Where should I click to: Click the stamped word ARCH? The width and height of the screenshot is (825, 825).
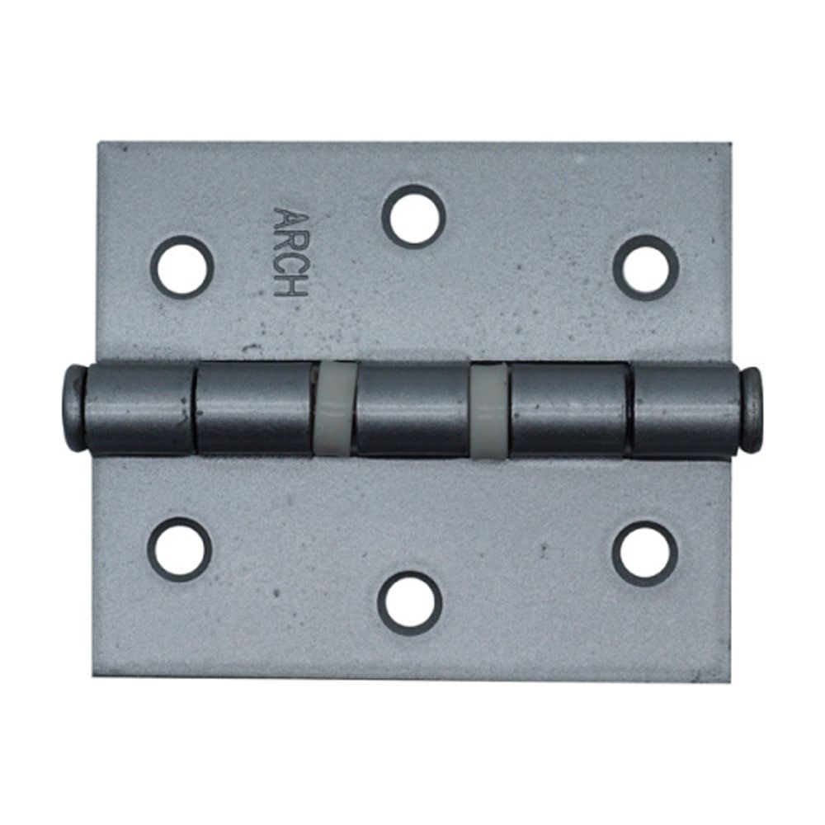tap(290, 252)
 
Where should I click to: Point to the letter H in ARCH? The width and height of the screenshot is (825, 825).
tap(290, 288)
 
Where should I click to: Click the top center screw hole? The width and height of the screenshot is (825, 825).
tap(413, 217)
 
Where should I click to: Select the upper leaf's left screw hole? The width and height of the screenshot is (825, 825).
tap(182, 267)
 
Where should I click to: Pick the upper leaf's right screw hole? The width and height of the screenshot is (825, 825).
tap(646, 268)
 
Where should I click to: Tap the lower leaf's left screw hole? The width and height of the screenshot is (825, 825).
tap(179, 549)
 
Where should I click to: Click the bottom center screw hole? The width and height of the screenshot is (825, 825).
tap(410, 603)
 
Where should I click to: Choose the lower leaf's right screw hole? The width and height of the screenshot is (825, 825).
tap(644, 554)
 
